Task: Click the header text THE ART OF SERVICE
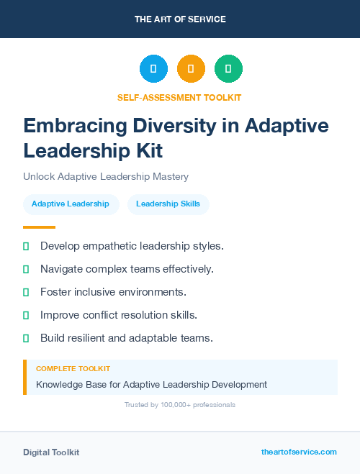(x=180, y=19)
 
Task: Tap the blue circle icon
(x=153, y=69)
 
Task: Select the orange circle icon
(x=191, y=69)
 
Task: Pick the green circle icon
(x=228, y=69)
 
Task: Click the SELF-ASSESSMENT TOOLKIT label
(x=180, y=97)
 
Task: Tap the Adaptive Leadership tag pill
(x=71, y=204)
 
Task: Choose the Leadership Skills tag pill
(x=168, y=204)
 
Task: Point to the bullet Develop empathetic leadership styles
(x=132, y=246)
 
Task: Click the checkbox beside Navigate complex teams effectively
(x=26, y=270)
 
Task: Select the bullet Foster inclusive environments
(x=113, y=292)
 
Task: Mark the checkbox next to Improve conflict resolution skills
(x=26, y=315)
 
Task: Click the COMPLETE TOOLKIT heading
(x=73, y=369)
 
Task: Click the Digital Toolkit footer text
(x=51, y=452)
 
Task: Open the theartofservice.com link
(x=299, y=452)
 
